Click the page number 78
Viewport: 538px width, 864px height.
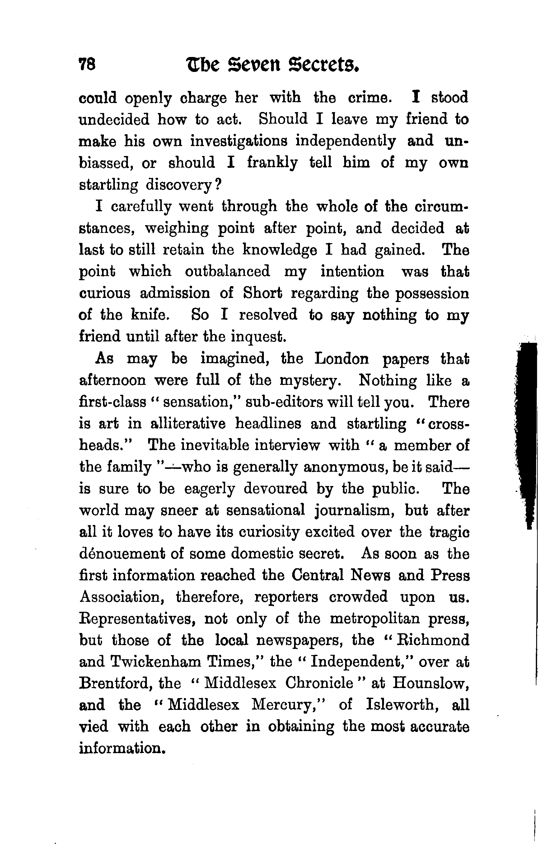tap(87, 65)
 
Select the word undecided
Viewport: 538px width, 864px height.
tap(114, 119)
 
